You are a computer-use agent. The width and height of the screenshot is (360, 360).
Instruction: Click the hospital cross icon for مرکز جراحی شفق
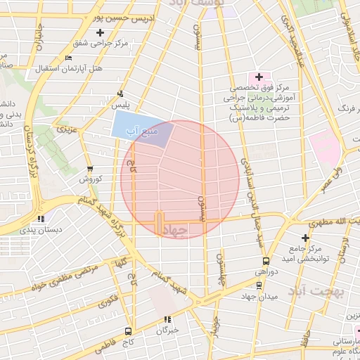tap(100, 33)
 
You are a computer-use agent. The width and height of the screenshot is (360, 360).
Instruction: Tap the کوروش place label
tap(90, 179)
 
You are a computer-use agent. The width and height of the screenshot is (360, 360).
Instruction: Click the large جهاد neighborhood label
tap(176, 230)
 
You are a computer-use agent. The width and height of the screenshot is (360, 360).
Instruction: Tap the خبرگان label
tap(168, 329)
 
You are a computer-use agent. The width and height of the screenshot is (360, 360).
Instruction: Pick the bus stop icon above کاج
tap(127, 330)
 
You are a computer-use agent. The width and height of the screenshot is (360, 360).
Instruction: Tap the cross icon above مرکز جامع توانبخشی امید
tap(305, 238)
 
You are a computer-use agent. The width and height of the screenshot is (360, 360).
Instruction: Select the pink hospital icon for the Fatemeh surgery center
tap(258, 77)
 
